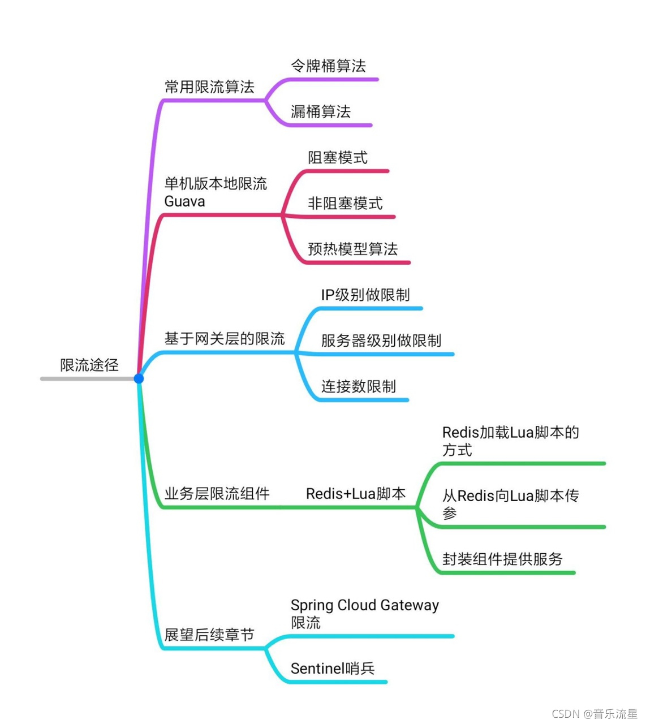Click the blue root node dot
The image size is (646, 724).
[139, 378]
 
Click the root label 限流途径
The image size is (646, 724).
[89, 365]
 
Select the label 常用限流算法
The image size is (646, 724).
[209, 87]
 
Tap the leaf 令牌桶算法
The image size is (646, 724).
[328, 66]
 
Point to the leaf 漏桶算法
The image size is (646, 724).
[321, 112]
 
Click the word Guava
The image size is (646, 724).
[184, 201]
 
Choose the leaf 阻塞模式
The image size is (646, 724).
[338, 158]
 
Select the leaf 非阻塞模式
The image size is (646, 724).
[345, 204]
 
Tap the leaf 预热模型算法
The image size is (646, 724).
[352, 249]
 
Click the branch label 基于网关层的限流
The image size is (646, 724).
[225, 339]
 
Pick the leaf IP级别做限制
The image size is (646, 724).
[365, 295]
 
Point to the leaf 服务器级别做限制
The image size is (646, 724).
[381, 341]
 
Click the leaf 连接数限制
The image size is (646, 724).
[359, 387]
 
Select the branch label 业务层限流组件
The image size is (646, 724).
[217, 494]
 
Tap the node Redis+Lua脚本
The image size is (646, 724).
[356, 494]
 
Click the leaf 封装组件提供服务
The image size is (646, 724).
[502, 559]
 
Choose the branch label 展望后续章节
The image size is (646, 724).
[209, 635]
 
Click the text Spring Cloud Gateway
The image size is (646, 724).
[365, 605]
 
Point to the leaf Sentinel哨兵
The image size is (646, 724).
[333, 669]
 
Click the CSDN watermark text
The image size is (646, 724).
[595, 714]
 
